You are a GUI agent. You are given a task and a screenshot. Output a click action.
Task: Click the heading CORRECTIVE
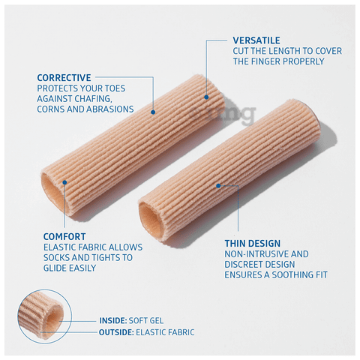point(64,78)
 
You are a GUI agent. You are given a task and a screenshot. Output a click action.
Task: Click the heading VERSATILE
point(256,40)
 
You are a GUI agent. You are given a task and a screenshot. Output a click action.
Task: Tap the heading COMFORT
point(64,236)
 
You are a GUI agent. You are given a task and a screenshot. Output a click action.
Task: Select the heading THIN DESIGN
point(253,243)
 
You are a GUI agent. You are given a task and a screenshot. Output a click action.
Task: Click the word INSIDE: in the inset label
point(113,320)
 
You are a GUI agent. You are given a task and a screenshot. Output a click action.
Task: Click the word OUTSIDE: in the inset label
point(116,332)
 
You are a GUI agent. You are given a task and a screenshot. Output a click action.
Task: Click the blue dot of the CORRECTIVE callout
point(153,112)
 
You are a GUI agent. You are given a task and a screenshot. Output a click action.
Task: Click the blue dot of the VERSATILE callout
point(206,97)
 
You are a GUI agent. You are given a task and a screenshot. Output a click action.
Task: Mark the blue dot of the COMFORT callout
point(64,182)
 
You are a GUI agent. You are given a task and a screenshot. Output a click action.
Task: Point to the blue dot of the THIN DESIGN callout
point(218,186)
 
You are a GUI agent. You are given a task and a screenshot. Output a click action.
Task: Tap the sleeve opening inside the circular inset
point(52,321)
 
